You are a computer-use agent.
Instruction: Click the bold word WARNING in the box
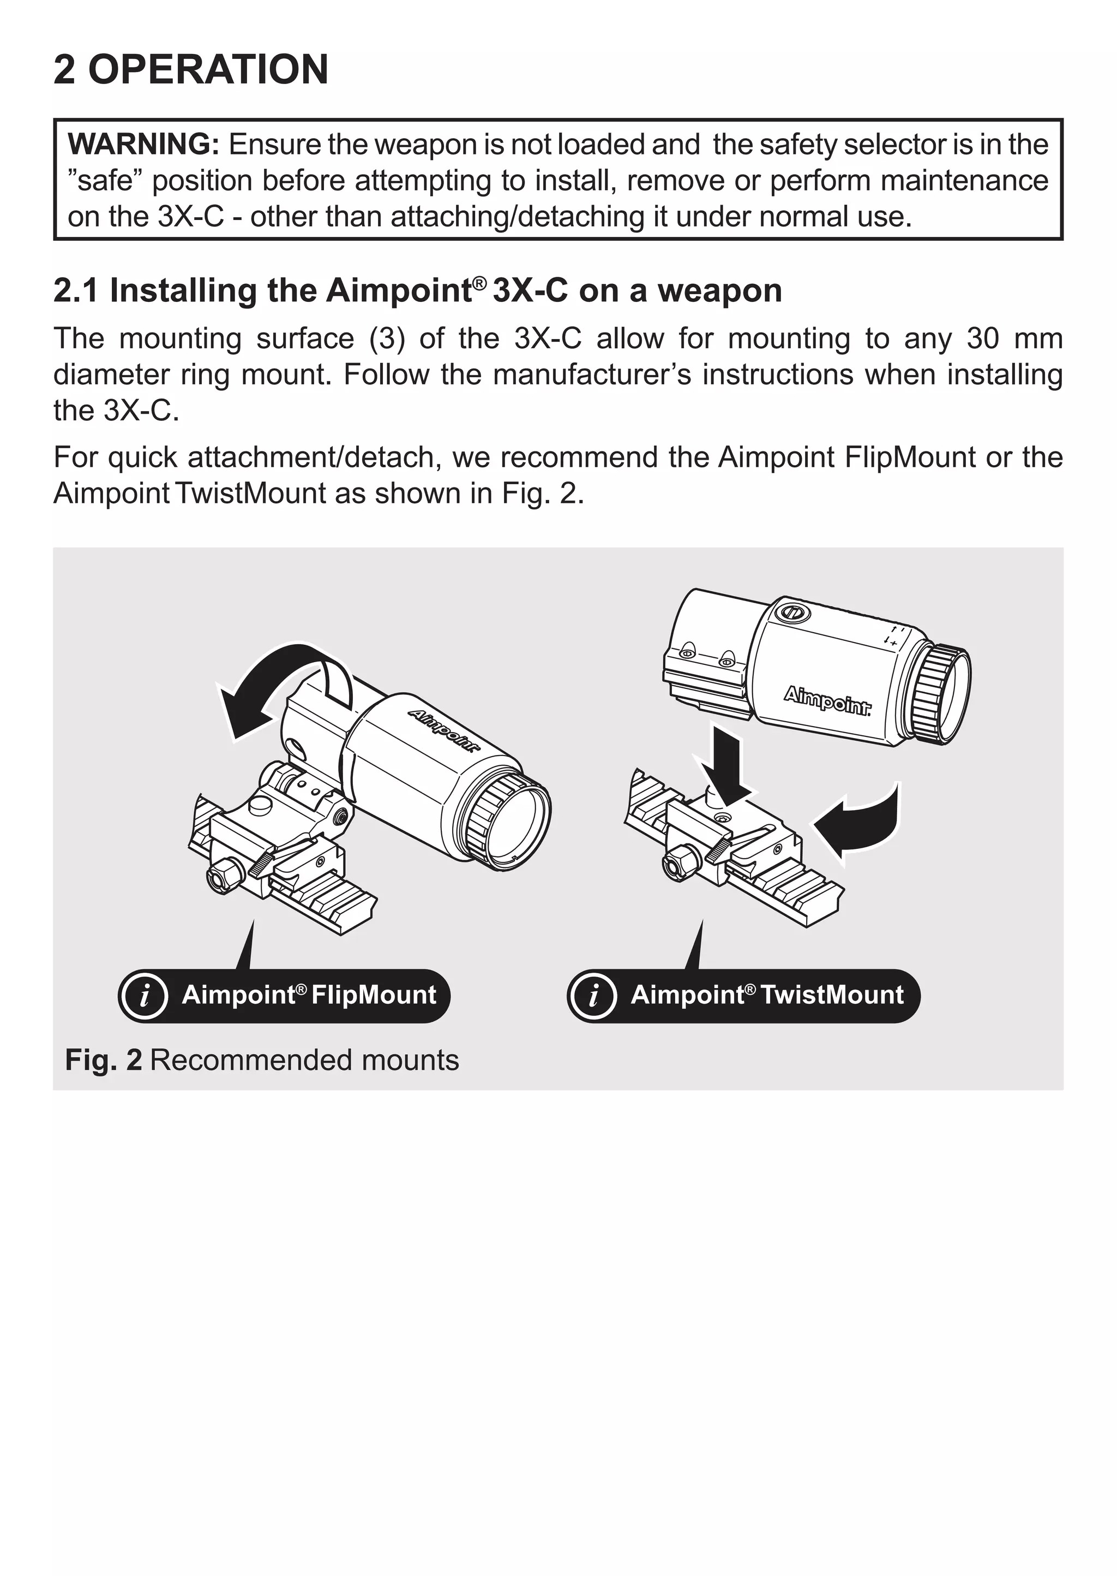(x=143, y=145)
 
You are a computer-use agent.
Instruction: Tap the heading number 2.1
(x=76, y=290)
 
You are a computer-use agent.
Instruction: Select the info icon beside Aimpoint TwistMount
(x=592, y=995)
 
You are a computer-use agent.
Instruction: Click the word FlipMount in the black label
(x=374, y=995)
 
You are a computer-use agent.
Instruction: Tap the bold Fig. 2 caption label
(x=103, y=1060)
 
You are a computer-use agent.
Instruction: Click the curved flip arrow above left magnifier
(x=275, y=681)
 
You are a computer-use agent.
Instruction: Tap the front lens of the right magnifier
(x=949, y=695)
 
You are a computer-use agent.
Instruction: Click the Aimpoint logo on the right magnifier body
(x=827, y=700)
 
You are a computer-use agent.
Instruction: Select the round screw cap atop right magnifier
(x=792, y=611)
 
